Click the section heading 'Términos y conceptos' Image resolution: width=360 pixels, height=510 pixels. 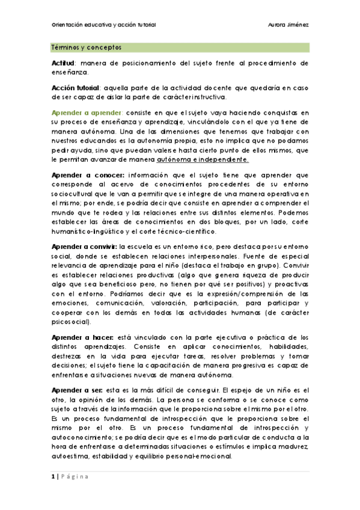coord(87,47)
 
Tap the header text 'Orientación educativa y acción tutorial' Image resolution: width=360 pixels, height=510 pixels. coord(103,25)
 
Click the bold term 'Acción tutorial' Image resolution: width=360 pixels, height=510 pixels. coord(76,88)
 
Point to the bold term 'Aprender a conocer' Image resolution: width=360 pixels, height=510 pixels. coord(85,174)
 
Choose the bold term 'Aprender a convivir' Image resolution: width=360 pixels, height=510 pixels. coord(85,247)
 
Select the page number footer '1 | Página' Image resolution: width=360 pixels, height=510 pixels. coord(70,477)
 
